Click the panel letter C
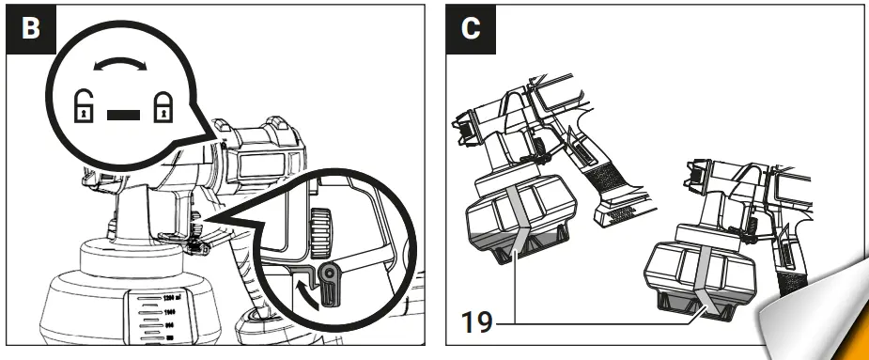click(x=471, y=27)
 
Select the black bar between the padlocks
click(x=123, y=115)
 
